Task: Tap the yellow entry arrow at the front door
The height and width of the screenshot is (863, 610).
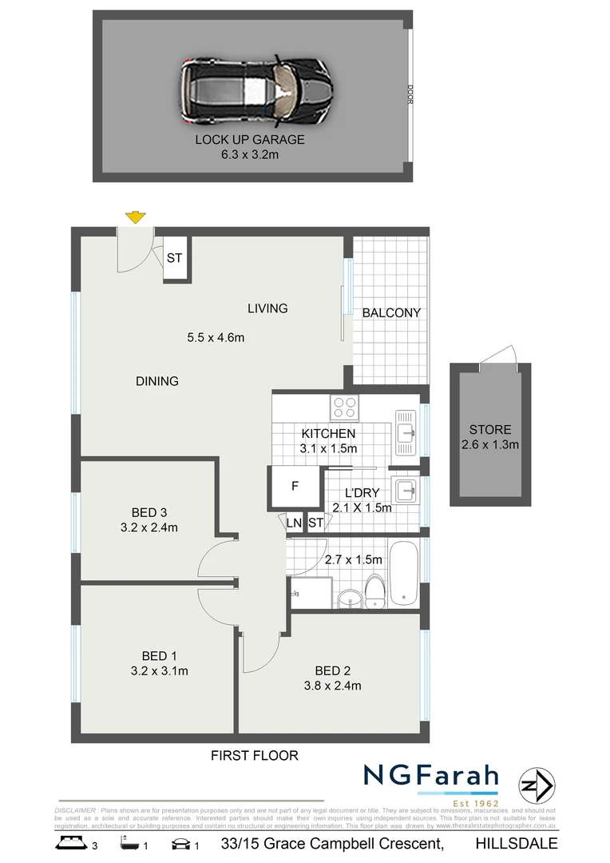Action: click(x=136, y=217)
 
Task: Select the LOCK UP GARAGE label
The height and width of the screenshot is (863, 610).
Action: click(x=250, y=139)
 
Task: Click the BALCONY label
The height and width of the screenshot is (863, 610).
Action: click(x=391, y=312)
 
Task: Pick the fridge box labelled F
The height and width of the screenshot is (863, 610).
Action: click(x=295, y=487)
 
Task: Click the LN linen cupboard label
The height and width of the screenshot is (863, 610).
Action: click(x=295, y=523)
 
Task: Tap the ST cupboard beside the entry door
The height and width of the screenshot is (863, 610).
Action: click(x=175, y=258)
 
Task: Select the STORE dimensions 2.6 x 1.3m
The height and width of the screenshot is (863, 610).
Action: click(x=490, y=444)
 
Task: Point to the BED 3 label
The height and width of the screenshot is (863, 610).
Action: click(x=149, y=512)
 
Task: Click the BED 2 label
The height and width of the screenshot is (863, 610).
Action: click(x=333, y=670)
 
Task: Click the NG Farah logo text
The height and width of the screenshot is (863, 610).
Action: click(x=432, y=776)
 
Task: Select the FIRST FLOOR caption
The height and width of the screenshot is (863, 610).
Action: click(x=254, y=755)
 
